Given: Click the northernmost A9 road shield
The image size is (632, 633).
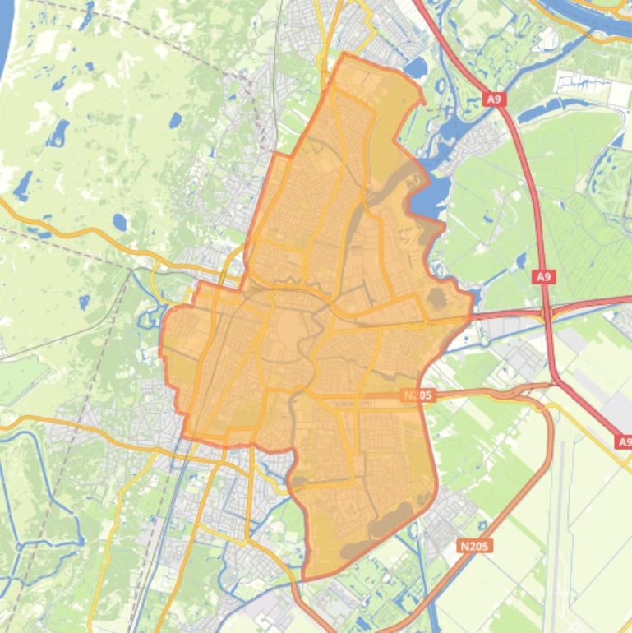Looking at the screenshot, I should (493, 99).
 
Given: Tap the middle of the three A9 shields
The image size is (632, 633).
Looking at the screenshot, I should (543, 277).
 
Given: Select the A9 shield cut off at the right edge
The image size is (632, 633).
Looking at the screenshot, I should (624, 442).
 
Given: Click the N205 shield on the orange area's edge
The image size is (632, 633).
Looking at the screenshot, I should (417, 395).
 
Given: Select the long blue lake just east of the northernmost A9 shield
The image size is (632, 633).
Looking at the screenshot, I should (559, 106).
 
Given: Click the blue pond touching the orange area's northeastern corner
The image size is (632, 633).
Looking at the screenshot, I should (415, 68).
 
